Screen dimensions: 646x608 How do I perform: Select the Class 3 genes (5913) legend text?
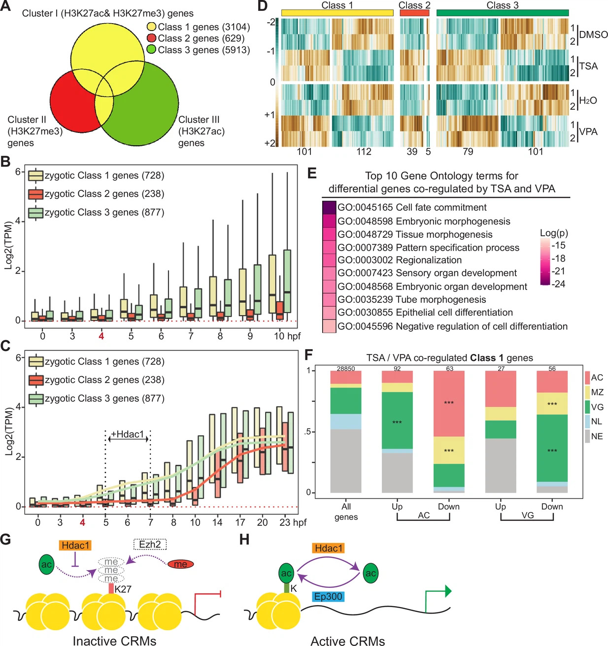[x=203, y=50]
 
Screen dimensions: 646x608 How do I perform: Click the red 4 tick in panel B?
[x=101, y=336]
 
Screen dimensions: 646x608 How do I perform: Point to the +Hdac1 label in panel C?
[x=128, y=434]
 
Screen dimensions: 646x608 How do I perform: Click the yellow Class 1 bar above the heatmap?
[x=338, y=13]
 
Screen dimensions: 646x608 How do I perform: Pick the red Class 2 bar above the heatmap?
[x=414, y=13]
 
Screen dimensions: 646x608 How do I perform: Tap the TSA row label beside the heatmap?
[x=588, y=66]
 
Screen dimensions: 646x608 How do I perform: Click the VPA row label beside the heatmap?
[x=588, y=131]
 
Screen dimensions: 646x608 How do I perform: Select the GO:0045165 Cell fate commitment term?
[x=412, y=208]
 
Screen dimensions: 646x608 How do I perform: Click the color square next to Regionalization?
[x=329, y=260]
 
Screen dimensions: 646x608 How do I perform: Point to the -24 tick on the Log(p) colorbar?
[x=559, y=284]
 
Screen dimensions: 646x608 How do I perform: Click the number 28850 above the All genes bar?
[x=346, y=368]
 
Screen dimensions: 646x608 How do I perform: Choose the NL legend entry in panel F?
[x=596, y=421]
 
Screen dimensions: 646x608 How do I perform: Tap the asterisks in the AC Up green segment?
[x=397, y=422]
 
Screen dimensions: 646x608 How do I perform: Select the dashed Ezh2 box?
[x=150, y=544]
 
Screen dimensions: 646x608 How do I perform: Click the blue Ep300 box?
[x=329, y=597]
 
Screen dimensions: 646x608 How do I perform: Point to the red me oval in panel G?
[x=181, y=564]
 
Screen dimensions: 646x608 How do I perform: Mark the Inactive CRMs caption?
[x=114, y=641]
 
